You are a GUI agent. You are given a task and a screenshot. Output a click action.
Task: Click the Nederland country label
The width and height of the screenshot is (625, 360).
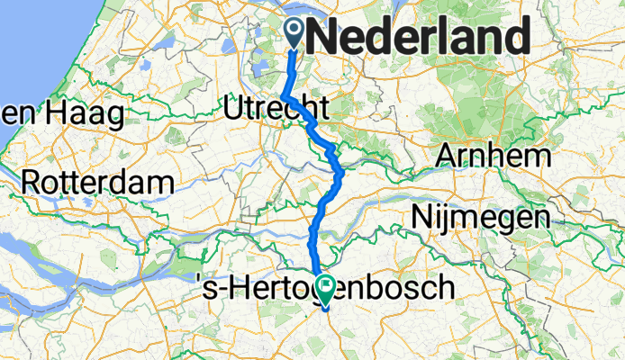(418, 37)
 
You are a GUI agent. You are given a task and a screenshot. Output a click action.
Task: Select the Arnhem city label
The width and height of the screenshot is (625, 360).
(493, 156)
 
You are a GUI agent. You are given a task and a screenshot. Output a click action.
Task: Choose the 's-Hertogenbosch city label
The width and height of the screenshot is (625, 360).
(324, 288)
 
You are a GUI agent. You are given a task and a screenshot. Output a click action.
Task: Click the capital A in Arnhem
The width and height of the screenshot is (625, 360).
(447, 156)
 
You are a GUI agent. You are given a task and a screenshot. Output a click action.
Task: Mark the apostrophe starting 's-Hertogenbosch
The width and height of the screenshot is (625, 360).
(199, 282)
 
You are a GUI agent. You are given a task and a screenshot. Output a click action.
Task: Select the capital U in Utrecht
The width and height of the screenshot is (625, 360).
(233, 110)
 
